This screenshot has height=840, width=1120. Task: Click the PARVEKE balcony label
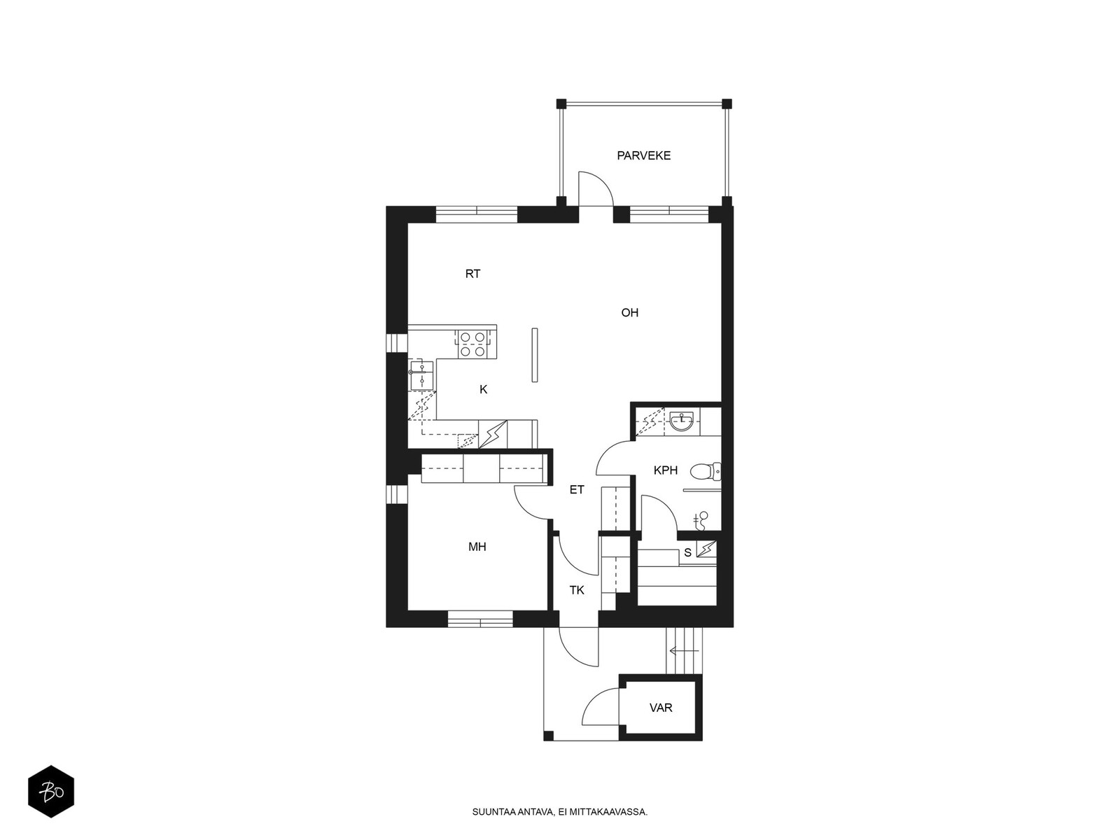point(643,155)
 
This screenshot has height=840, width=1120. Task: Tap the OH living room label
point(629,313)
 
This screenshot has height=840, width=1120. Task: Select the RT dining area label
point(472,274)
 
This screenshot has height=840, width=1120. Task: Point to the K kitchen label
point(483,390)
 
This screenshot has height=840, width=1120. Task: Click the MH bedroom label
point(477,547)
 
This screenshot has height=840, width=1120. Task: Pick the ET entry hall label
point(577,489)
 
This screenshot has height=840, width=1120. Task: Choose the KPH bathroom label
point(666,470)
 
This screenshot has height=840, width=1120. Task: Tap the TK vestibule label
point(577,590)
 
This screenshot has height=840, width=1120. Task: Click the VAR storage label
point(661,708)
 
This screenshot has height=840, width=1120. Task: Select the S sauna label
point(687,553)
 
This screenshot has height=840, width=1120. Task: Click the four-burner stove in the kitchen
point(472,344)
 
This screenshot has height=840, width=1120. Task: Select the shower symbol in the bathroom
point(702,519)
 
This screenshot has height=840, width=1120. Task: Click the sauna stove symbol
point(707,549)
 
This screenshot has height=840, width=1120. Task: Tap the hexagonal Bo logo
point(51,792)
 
